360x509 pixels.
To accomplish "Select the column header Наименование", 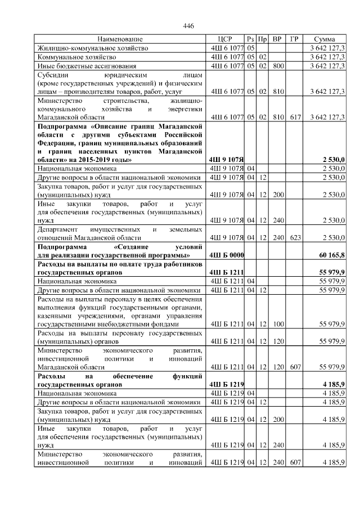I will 120,39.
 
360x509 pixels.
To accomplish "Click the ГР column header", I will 294,39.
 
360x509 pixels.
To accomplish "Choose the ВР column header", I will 277,39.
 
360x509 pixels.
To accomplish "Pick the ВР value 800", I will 277,66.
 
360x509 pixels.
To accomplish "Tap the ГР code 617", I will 294,117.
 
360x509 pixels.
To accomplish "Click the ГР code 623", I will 294,237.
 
